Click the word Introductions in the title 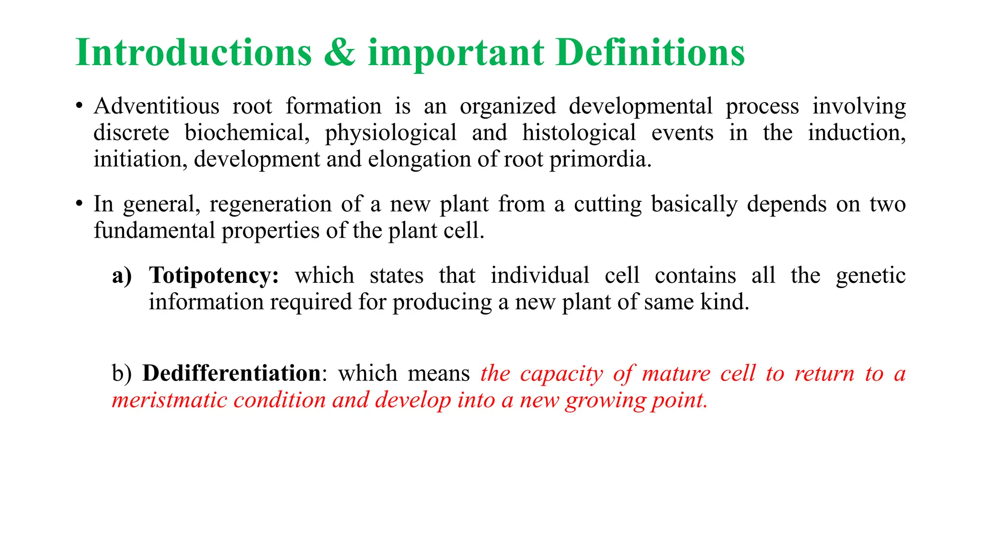pos(194,52)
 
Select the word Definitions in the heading pos(650,52)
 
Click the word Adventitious pos(156,106)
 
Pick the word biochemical pos(247,133)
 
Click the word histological pos(579,133)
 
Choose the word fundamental pos(154,231)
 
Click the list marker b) pos(121,373)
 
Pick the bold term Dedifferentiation pos(231,373)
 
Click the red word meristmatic pos(169,400)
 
